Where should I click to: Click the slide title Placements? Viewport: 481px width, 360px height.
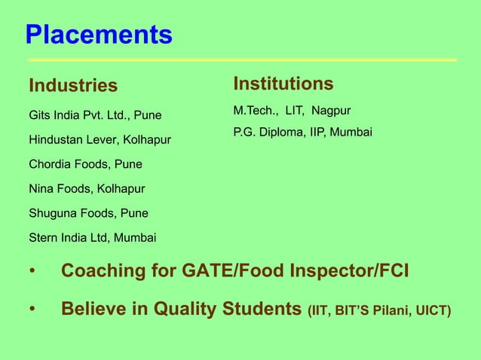coord(99,35)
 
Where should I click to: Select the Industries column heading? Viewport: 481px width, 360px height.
coord(73,86)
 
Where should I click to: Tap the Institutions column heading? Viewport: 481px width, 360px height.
coord(283,82)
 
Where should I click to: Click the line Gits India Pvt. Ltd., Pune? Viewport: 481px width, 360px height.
coord(95,117)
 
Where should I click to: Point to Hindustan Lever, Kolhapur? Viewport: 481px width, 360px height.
coord(100,140)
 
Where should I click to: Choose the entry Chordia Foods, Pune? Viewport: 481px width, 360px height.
coord(85,163)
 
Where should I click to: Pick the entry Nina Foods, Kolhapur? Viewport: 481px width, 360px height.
coord(87,188)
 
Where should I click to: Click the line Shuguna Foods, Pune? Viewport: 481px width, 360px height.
coord(88,212)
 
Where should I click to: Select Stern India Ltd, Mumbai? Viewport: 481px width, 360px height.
coord(93,239)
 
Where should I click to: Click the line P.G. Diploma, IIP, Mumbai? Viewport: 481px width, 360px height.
coord(303,133)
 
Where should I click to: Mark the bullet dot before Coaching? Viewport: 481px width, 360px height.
coord(32,271)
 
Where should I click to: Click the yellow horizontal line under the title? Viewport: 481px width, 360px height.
coord(242,59)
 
